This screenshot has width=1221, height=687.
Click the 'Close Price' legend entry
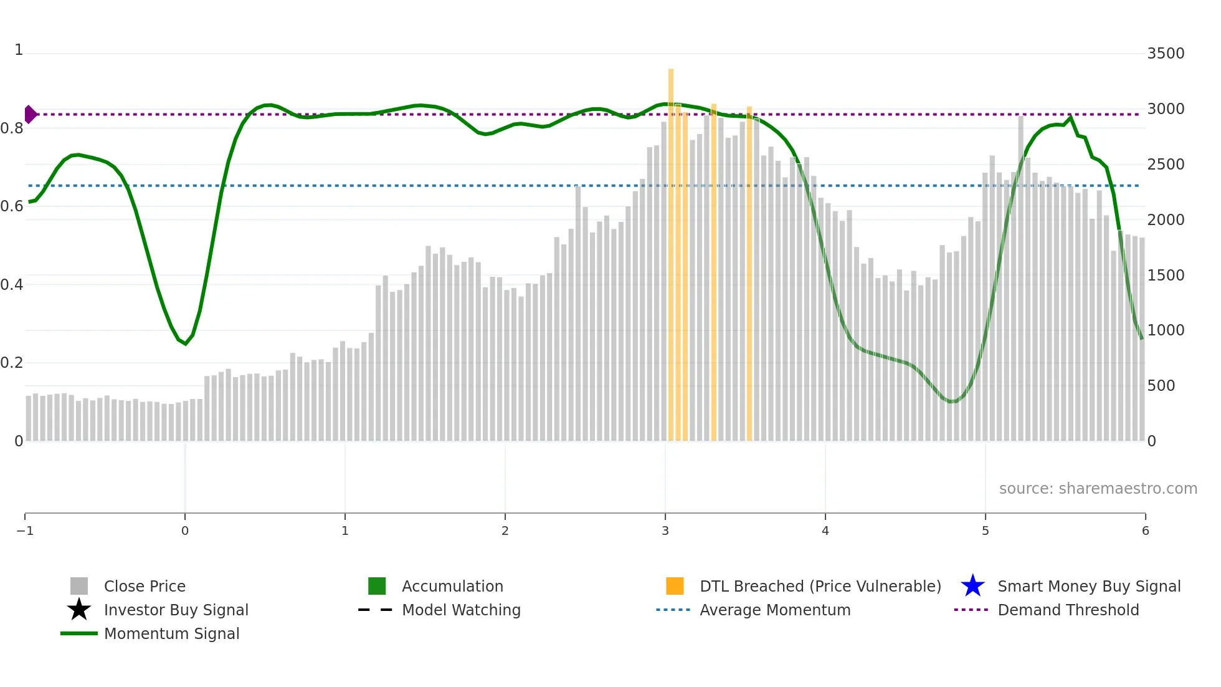click(x=144, y=586)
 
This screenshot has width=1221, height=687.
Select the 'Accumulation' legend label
click(x=452, y=586)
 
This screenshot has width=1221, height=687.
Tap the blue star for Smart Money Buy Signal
click(x=972, y=586)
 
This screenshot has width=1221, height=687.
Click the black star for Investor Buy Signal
click(x=79, y=610)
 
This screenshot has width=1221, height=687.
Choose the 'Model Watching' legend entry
click(x=460, y=610)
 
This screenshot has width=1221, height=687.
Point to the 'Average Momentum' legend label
click(x=774, y=610)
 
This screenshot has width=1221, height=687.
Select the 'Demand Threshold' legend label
click(x=1068, y=610)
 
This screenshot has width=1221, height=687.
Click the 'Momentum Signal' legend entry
click(x=171, y=633)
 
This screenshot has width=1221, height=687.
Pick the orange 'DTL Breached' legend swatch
click(x=675, y=586)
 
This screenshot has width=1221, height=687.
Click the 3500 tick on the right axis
click(x=1166, y=54)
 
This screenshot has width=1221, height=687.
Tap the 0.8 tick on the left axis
click(x=12, y=128)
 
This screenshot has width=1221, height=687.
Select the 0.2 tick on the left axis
click(x=12, y=363)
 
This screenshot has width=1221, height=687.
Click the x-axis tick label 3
click(x=665, y=531)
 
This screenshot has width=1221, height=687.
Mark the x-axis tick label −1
click(x=25, y=531)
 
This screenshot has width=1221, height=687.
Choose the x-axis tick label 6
click(x=1145, y=531)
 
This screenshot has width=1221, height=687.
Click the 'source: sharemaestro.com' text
click(x=1098, y=489)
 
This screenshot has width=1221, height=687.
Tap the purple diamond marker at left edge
click(x=30, y=115)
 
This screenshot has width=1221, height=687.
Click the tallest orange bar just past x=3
click(x=671, y=249)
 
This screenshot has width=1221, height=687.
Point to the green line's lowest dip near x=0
click(x=185, y=343)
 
